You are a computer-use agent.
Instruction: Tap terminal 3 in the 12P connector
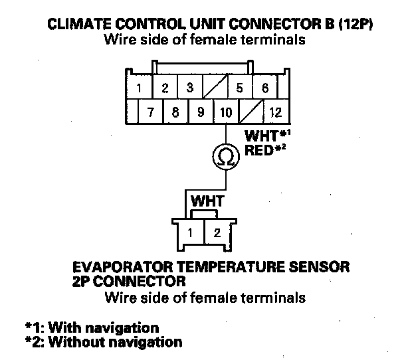[x=190, y=88]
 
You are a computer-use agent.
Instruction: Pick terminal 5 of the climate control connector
[x=240, y=88]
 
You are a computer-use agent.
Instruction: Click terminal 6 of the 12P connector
[x=264, y=88]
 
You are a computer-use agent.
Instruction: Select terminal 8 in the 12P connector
[x=175, y=112]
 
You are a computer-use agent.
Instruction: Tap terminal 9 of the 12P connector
[x=200, y=112]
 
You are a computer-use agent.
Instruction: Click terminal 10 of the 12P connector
[x=225, y=112]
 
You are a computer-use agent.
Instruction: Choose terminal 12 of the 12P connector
[x=275, y=112]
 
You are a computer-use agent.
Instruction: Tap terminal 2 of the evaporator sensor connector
[x=216, y=233]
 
